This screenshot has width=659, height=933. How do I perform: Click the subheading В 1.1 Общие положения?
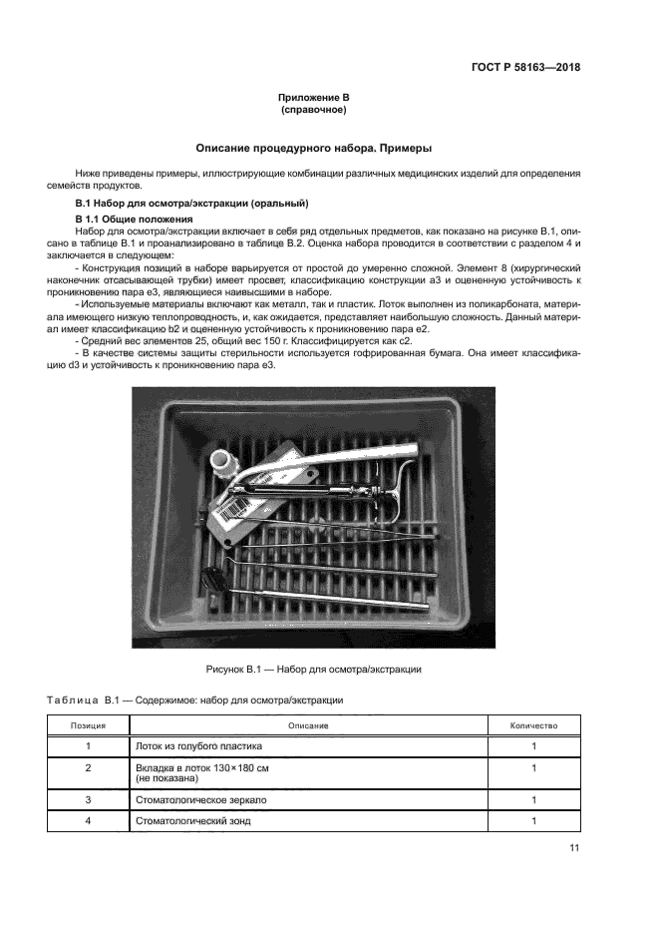[x=135, y=218]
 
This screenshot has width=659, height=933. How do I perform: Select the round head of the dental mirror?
[x=213, y=577]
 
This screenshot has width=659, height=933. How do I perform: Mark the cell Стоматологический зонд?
[x=192, y=820]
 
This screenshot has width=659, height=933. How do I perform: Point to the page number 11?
[x=574, y=848]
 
